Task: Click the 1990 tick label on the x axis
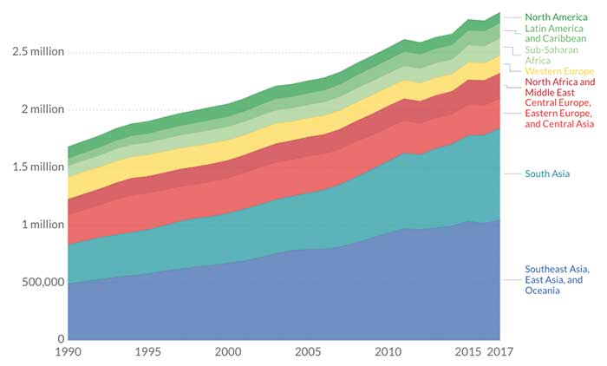coord(68,353)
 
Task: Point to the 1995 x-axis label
coord(147,353)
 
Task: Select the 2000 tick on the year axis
coord(227,353)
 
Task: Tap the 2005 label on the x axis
coord(308,353)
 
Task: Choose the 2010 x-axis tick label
coord(388,353)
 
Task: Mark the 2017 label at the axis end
coord(499,353)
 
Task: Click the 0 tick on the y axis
coord(60,339)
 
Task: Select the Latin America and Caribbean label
coord(555,35)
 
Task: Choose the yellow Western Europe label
coord(559,71)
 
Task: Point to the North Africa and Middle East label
coord(560,88)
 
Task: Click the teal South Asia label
coord(547,174)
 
